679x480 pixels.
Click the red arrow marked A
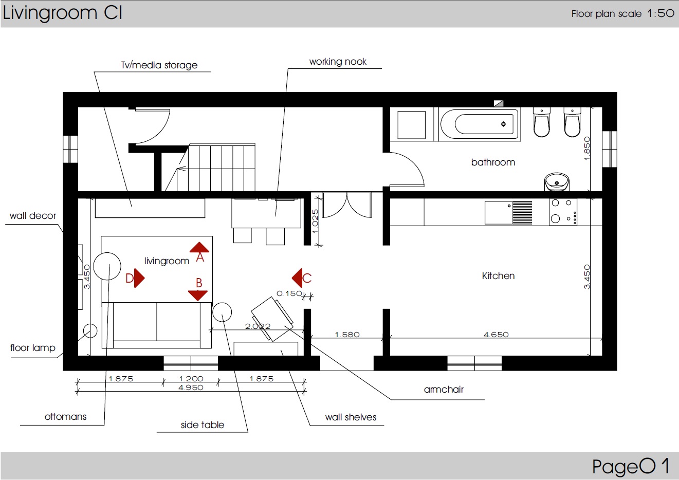199,247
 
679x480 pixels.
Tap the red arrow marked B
198,295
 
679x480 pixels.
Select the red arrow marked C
297,278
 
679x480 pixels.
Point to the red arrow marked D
139,278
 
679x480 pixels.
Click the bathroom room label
493,162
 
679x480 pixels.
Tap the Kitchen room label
498,276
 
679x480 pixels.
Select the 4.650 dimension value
496,335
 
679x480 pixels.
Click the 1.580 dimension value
347,335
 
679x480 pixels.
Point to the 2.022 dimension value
258,326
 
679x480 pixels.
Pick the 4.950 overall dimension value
191,387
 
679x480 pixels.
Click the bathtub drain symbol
503,124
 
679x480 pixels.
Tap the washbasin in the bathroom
557,181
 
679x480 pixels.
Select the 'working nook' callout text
338,62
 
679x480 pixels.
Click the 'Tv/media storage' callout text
159,65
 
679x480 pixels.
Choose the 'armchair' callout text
444,390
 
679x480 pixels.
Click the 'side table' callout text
203,425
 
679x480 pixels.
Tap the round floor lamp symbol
90,330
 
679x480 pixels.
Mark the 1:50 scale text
661,13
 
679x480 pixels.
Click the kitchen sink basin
499,213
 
